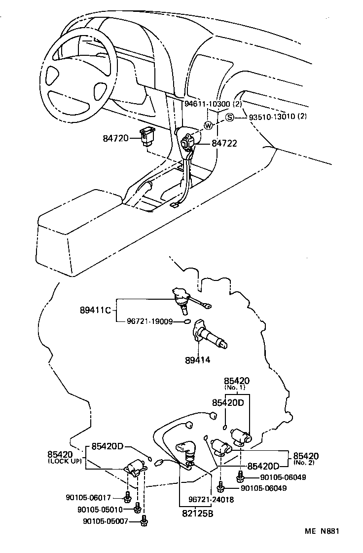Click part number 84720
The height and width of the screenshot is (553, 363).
115,138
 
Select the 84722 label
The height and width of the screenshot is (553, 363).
224,144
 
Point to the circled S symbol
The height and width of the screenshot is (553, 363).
230,117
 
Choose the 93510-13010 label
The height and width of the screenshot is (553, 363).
271,117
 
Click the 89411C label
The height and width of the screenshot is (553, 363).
94,311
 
